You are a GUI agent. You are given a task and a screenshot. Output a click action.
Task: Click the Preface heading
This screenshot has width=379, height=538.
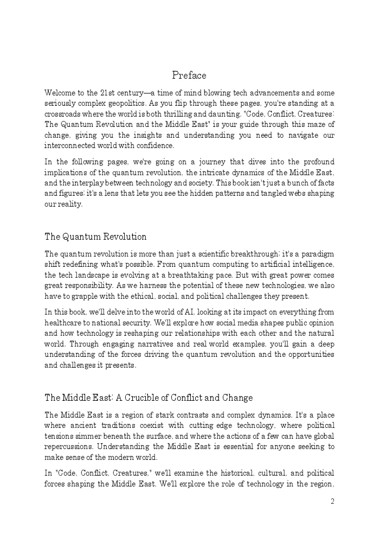tap(189, 75)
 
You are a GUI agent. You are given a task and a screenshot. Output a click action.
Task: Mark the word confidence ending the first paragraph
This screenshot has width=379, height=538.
tap(156, 145)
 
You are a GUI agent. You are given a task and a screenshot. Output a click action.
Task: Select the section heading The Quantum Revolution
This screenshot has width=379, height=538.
tap(95, 236)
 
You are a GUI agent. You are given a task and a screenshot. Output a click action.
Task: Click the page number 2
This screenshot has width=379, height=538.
tap(332, 502)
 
